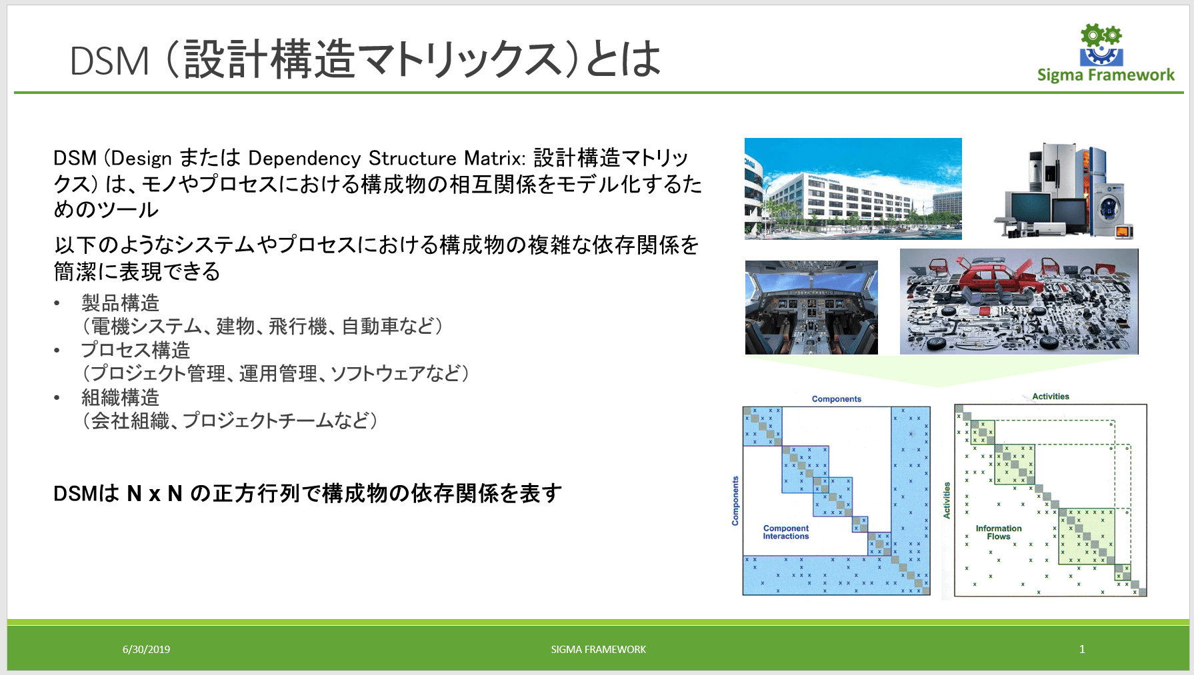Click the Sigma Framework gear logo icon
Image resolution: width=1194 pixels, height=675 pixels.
[x=1101, y=45]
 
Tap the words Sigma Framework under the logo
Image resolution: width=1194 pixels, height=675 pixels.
[x=1106, y=75]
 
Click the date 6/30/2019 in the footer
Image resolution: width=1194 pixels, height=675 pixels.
[x=146, y=649]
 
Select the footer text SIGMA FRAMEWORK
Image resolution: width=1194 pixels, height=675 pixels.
[x=598, y=649]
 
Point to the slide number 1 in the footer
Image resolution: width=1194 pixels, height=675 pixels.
[x=1082, y=648]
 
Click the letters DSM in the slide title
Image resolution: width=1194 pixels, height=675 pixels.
[x=109, y=61]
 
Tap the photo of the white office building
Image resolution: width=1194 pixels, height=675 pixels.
[x=853, y=189]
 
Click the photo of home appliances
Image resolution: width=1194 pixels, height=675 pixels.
[x=1065, y=191]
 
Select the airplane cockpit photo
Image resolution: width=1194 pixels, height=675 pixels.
[x=811, y=307]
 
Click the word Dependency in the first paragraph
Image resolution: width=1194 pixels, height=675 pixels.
[x=305, y=159]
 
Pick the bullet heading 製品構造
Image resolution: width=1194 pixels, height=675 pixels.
[x=120, y=303]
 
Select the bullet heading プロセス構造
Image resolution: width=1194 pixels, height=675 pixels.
[x=135, y=350]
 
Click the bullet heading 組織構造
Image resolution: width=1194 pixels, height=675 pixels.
[x=120, y=398]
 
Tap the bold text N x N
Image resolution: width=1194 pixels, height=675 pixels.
[x=155, y=494]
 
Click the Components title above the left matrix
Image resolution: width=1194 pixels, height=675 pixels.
[x=837, y=399]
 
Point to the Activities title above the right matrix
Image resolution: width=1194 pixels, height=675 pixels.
[x=1051, y=396]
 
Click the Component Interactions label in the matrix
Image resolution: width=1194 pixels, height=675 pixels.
[x=786, y=532]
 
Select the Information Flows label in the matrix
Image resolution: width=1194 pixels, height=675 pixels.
[x=999, y=532]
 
